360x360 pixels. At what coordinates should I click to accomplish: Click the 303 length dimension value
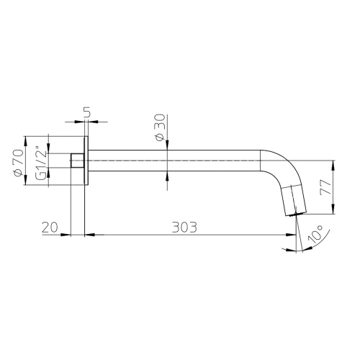(x=184, y=226)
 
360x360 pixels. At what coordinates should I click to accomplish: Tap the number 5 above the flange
(x=86, y=113)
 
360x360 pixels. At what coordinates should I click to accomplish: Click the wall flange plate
(x=86, y=161)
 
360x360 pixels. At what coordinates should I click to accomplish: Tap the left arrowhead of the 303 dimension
(x=89, y=234)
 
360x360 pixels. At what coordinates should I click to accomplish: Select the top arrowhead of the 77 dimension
(x=333, y=163)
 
